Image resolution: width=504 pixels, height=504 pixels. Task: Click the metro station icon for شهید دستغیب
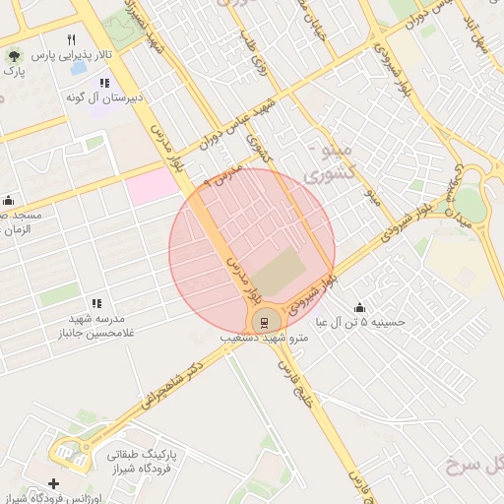pyautogui.click(x=264, y=321)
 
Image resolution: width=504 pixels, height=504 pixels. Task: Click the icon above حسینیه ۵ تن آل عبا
pyautogui.click(x=358, y=306)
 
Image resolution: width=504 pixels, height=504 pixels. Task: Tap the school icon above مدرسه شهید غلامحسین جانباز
pyautogui.click(x=95, y=303)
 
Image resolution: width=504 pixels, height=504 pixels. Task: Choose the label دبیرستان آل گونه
pyautogui.click(x=113, y=97)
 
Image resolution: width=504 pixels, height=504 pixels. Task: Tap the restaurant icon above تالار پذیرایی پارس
pyautogui.click(x=70, y=39)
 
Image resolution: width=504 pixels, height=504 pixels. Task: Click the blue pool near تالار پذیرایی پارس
pyautogui.click(x=77, y=69)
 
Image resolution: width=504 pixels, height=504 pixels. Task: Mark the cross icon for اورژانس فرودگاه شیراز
pyautogui.click(x=53, y=483)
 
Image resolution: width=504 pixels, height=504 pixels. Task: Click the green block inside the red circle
pyautogui.click(x=281, y=271)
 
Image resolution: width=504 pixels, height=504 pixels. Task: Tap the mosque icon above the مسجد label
pyautogui.click(x=8, y=200)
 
